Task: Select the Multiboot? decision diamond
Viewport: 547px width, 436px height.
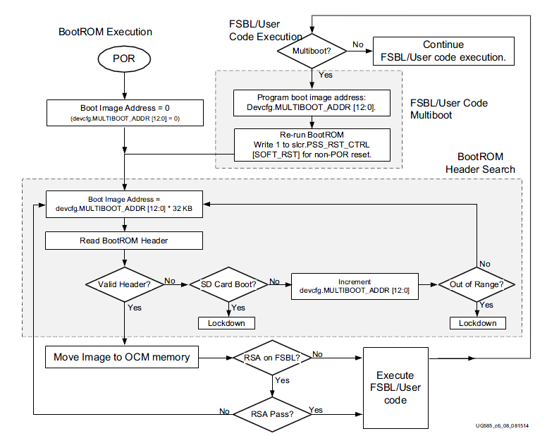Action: [x=311, y=50]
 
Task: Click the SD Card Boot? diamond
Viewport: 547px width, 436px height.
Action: [x=228, y=284]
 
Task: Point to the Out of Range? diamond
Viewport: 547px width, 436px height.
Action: [x=477, y=284]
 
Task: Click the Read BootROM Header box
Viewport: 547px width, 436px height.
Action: [x=123, y=240]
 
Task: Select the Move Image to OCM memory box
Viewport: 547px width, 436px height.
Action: [x=121, y=357]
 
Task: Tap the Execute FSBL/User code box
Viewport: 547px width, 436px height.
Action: [x=395, y=387]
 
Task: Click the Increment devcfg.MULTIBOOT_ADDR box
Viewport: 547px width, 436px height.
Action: [x=354, y=285]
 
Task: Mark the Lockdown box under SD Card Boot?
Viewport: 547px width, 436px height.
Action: [x=226, y=323]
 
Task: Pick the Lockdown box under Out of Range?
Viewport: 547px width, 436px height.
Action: [x=477, y=323]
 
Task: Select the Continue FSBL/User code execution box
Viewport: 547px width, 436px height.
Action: [x=443, y=51]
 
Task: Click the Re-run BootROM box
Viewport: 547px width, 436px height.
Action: [x=312, y=144]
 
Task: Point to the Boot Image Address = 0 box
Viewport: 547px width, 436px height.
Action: [x=123, y=113]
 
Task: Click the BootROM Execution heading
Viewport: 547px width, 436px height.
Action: [x=105, y=32]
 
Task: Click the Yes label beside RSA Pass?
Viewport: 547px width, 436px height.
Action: [x=316, y=410]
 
